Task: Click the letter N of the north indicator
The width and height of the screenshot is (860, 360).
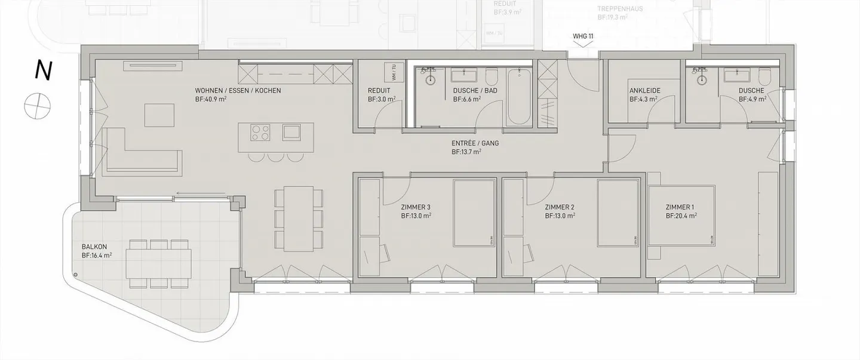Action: coord(42,71)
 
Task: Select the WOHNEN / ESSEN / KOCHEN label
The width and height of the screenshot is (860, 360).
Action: coord(238,91)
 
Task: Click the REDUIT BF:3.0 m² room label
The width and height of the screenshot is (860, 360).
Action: coord(381,96)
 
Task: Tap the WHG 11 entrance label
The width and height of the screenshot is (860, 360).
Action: coord(583,36)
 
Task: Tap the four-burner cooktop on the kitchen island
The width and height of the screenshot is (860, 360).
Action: coord(260,132)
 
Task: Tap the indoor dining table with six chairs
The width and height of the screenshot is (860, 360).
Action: coord(298,219)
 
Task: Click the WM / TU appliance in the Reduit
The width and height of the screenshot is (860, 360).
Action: coord(394,73)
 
